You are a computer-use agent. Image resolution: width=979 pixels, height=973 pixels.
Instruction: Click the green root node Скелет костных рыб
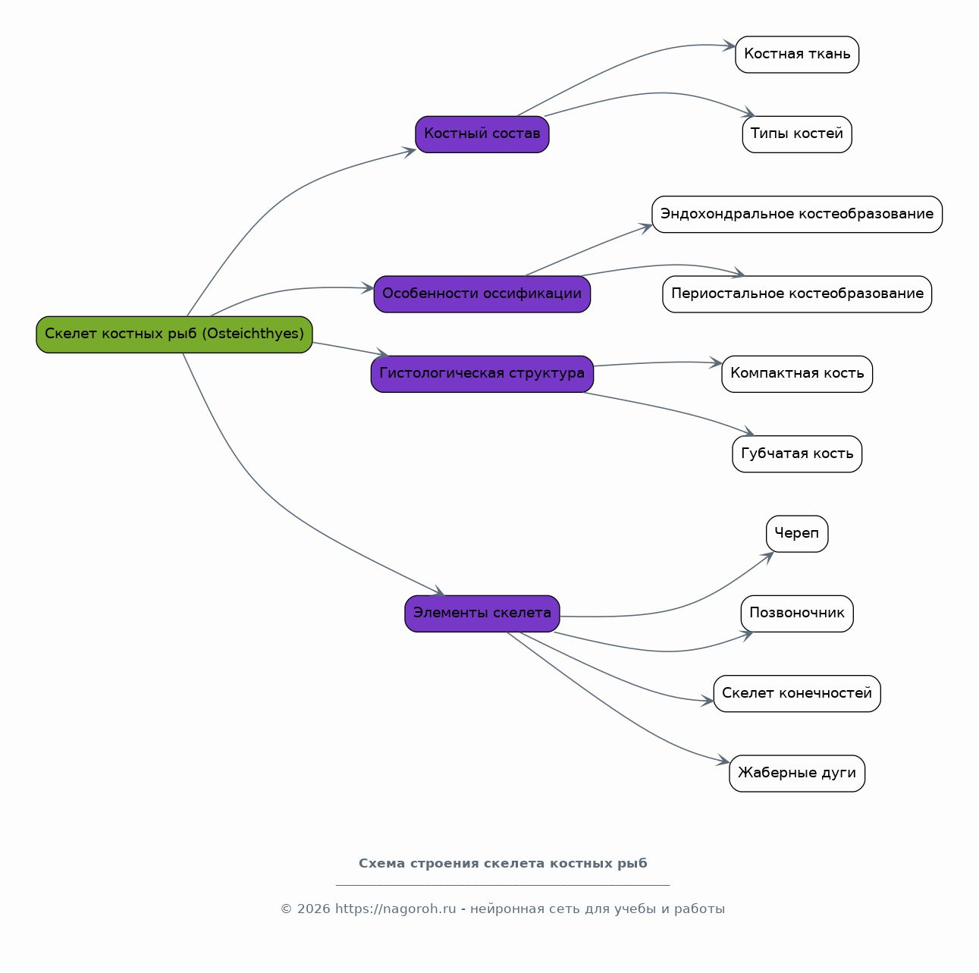coord(174,334)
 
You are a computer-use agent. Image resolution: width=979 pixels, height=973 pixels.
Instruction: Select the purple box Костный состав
coord(482,134)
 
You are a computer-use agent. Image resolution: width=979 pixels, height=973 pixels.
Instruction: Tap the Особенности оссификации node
coord(482,294)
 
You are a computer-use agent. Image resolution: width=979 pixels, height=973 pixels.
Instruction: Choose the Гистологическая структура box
coord(482,374)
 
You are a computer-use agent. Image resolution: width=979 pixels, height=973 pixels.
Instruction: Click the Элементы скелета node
coord(482,614)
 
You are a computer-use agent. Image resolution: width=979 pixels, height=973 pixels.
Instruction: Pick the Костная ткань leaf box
coord(796,55)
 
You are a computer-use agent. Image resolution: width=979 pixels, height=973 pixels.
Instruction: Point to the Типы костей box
coord(796,134)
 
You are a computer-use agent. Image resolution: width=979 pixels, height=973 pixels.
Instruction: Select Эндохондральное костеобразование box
coord(796,215)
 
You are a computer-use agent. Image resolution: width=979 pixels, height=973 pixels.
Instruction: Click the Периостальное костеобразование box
coord(796,294)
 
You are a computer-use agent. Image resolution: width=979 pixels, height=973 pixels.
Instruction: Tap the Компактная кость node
coord(796,374)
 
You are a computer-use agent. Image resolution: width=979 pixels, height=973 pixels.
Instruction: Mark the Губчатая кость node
coord(796,454)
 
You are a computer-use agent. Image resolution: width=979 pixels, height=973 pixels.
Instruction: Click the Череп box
coord(796,534)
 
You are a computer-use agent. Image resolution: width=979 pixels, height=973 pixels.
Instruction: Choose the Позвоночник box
coord(796,614)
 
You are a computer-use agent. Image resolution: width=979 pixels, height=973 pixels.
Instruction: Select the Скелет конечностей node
coord(796,694)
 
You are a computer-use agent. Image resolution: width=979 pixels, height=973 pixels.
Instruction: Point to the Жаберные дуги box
coord(796,774)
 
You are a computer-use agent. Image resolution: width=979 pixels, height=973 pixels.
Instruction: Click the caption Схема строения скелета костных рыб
coord(503,864)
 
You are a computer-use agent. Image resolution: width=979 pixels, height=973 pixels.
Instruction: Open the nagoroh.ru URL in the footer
coord(395,909)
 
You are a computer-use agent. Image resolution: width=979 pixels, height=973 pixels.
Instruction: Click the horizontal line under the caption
coord(503,886)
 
